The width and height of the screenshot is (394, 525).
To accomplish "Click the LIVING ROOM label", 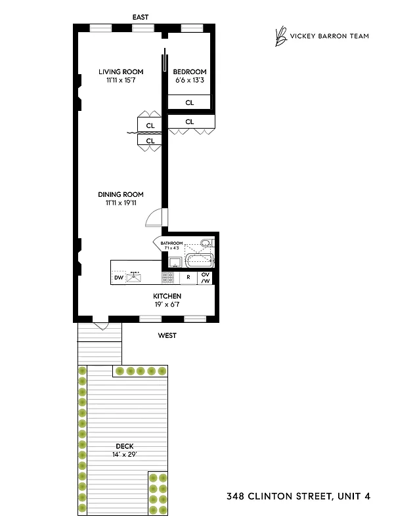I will coord(120,72).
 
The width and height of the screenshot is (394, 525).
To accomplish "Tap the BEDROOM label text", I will coord(189,72).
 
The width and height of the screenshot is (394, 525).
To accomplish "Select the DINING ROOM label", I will coord(120,194).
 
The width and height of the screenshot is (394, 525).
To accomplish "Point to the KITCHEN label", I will coord(167,296).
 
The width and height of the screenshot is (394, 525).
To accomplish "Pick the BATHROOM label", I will coord(171,243).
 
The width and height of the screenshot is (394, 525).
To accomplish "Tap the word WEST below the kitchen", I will coord(167,335).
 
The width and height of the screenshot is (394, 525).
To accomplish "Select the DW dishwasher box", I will coord(119,278).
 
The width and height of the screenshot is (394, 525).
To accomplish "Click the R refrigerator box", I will coord(188,278).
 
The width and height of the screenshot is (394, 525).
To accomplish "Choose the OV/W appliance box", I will coord(206,278).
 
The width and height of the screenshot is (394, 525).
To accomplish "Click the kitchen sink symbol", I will coord(135,276).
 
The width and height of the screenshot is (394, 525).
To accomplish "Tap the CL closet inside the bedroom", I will coord(190,102).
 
